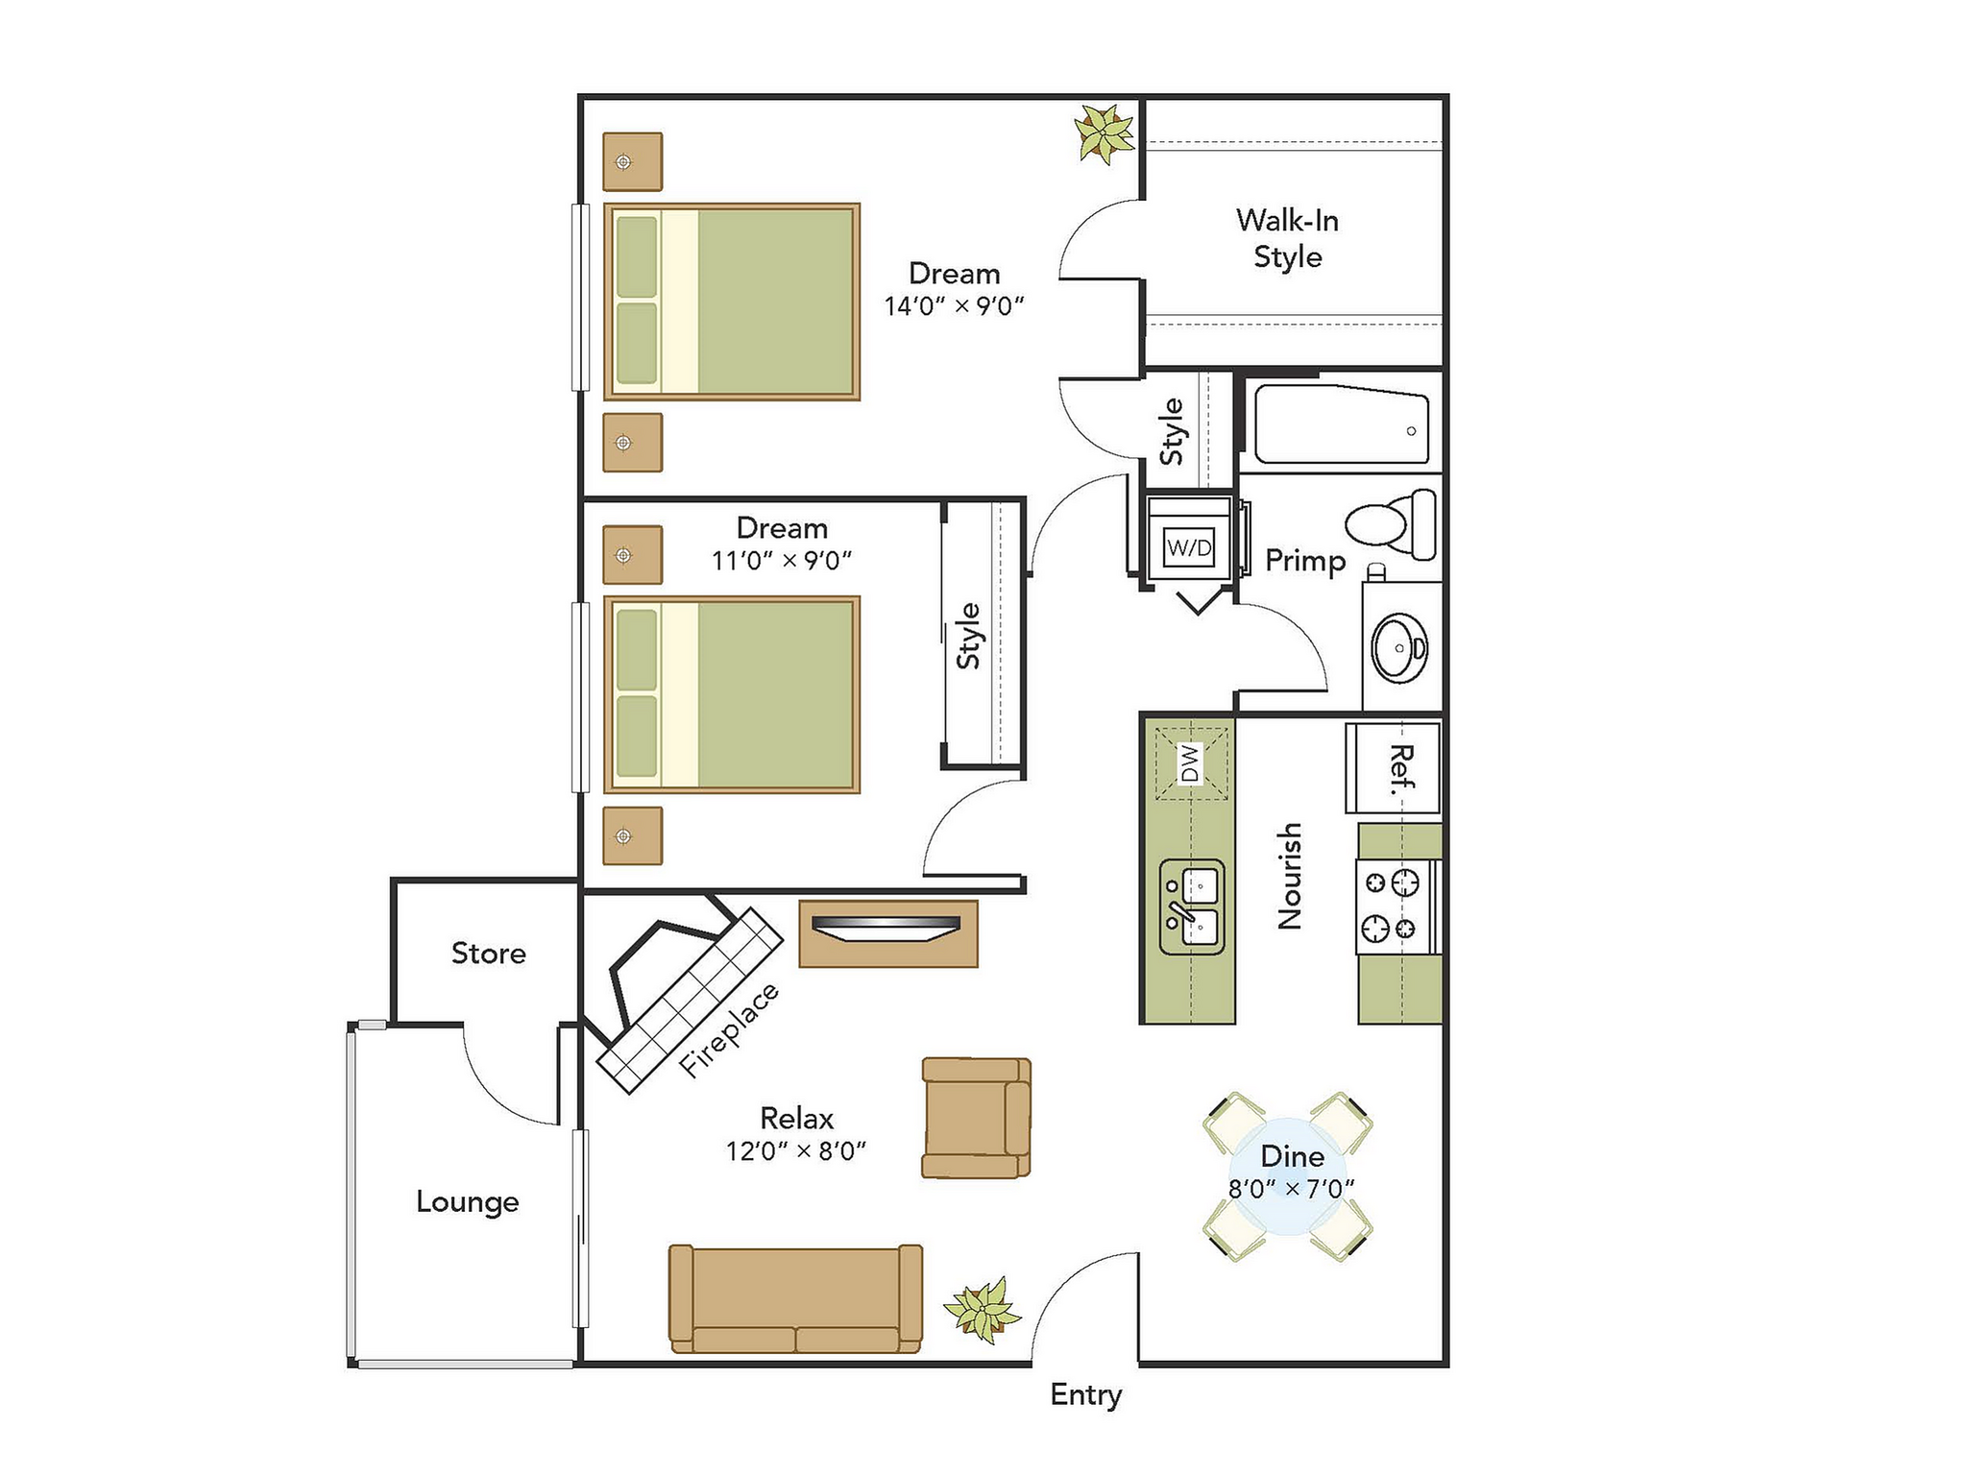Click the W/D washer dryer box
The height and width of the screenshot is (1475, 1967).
[1189, 547]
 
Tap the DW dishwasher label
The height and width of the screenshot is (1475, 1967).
[1190, 763]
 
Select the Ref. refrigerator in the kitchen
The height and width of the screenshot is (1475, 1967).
[1394, 769]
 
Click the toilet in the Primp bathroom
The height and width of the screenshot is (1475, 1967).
[1393, 524]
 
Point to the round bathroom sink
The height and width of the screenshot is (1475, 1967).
[1400, 648]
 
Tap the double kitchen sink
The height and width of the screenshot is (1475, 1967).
[1192, 907]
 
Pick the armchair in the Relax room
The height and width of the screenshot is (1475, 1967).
[975, 1118]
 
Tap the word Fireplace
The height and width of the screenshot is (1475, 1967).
[728, 1029]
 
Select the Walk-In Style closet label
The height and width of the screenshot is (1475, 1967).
[1287, 238]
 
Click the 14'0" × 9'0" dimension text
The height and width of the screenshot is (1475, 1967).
[954, 306]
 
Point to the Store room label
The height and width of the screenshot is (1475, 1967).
[488, 953]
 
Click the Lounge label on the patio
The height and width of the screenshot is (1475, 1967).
[467, 1201]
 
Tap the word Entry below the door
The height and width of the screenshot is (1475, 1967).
[1085, 1394]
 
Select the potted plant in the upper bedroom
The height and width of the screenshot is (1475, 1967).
[1105, 134]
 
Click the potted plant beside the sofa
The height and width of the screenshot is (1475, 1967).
[982, 1308]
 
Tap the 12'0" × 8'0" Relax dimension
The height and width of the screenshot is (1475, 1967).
[795, 1150]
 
